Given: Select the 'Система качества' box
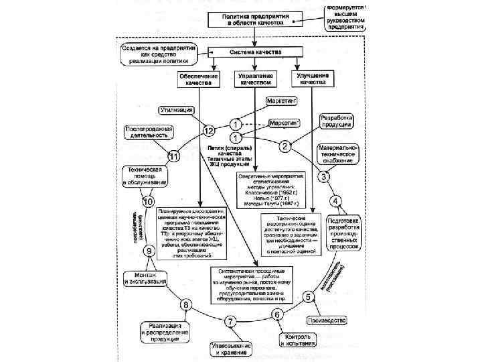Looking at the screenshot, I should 256,52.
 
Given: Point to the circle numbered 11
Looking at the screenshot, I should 174,156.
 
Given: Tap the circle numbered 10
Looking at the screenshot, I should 147,201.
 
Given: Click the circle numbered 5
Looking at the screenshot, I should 309,296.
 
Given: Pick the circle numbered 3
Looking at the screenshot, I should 323,177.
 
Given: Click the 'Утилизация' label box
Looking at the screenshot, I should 177,109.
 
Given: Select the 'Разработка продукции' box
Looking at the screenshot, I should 337,121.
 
